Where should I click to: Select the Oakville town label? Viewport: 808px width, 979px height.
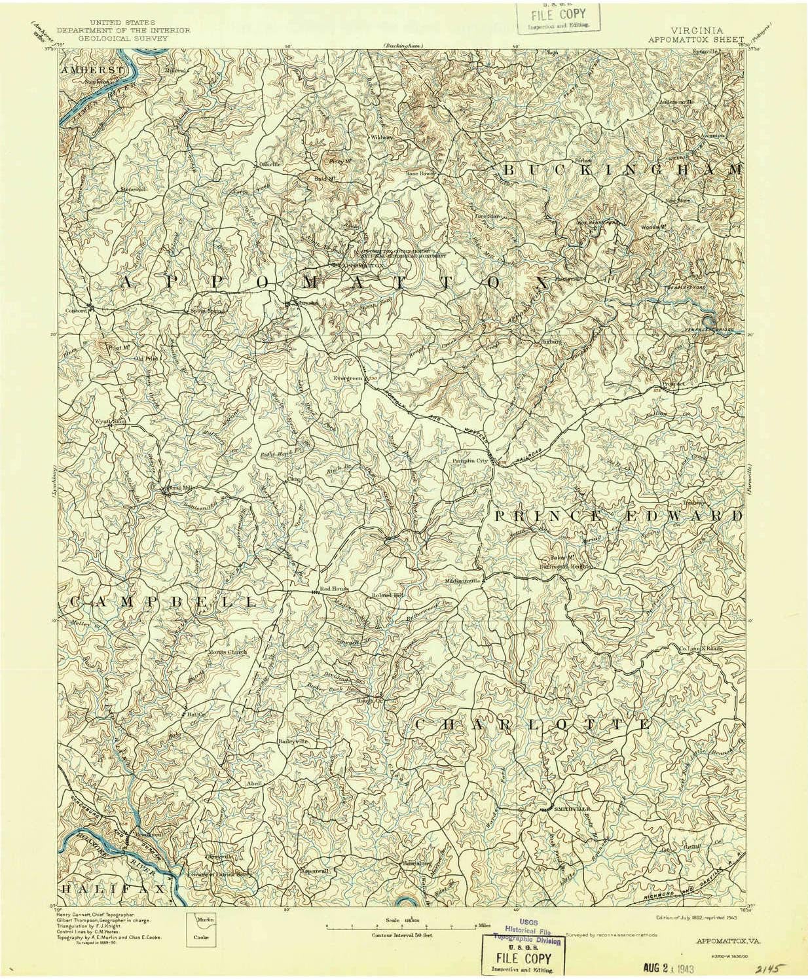tap(269, 164)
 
